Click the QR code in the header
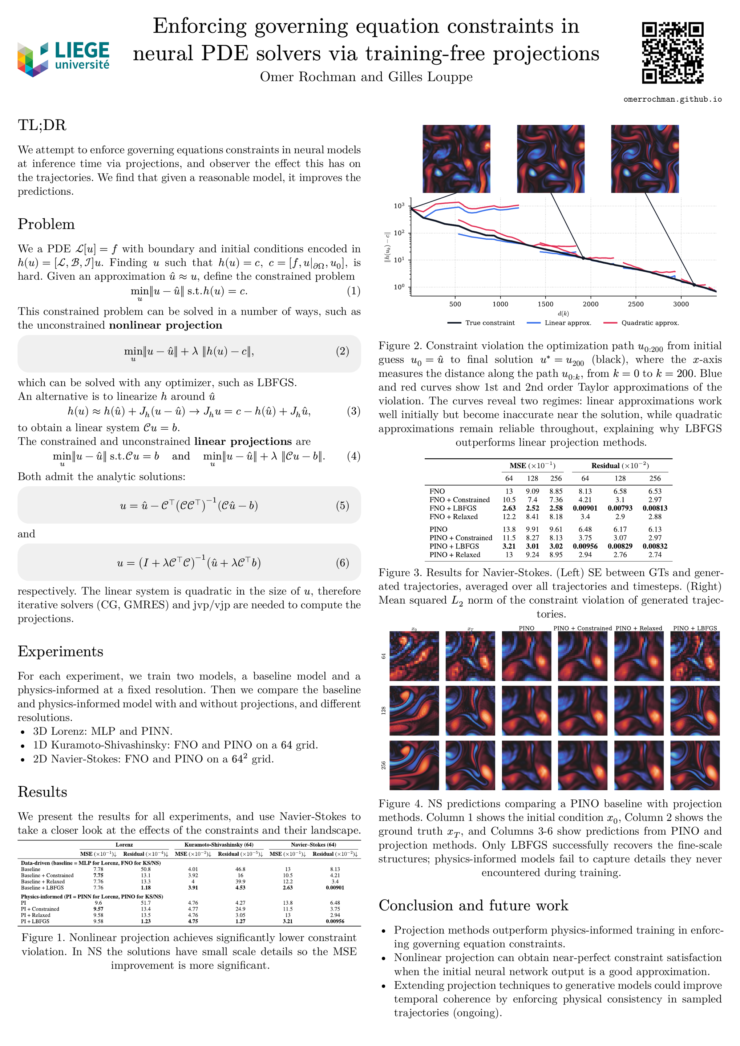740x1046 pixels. pos(672,53)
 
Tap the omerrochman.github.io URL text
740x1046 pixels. pos(672,99)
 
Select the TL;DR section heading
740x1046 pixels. pos(42,125)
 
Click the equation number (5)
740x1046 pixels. pos(342,506)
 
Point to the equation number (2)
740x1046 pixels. pos(342,351)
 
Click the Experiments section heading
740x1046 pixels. pos(61,652)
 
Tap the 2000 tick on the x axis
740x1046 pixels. pos(591,304)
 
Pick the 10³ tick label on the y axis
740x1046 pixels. pos(399,206)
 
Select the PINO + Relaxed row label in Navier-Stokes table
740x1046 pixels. pos(454,555)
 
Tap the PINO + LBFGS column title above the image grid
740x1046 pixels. pos(695,628)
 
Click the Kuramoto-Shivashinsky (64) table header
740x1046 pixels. pos(219,845)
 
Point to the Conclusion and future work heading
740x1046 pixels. pos(473,905)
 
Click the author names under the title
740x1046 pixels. pos(366,77)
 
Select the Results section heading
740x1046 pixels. pos(43,792)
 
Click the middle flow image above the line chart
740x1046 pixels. pos(550,159)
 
